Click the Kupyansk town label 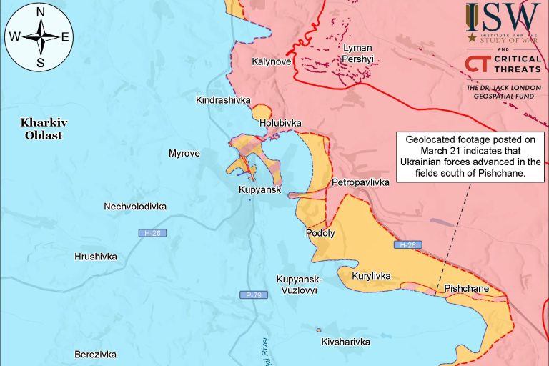[x=259, y=190]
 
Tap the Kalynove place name [x=271, y=62]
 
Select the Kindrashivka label [x=223, y=101]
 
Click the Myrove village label [x=184, y=153]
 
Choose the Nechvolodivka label [x=135, y=207]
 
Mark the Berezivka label [x=95, y=354]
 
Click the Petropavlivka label [x=361, y=183]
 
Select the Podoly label [x=320, y=233]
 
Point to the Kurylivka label [x=371, y=275]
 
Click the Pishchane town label [x=466, y=289]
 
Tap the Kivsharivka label [x=346, y=342]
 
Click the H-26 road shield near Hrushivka [x=148, y=234]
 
